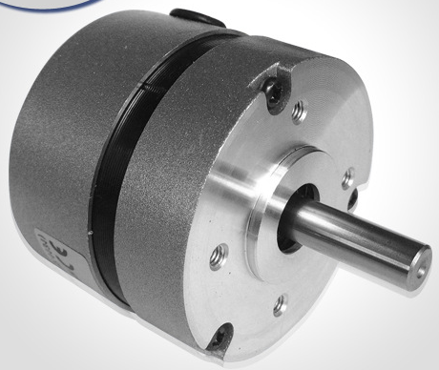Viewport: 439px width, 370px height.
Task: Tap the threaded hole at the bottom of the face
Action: (280, 307)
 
